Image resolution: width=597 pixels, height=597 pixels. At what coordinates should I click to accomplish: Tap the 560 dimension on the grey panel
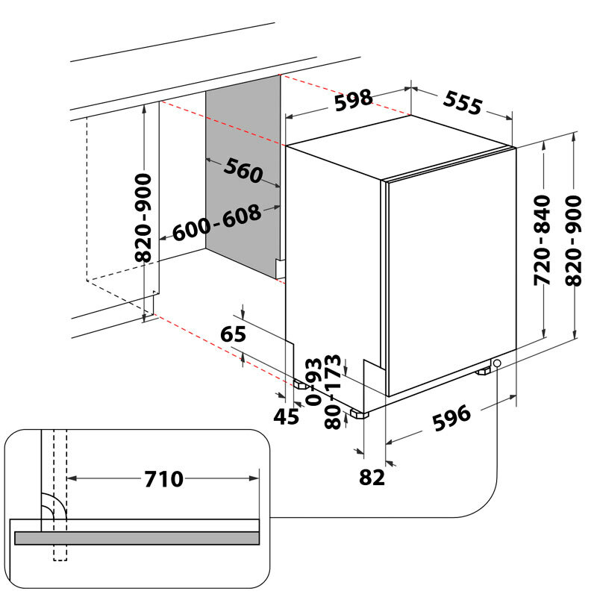[x=243, y=172]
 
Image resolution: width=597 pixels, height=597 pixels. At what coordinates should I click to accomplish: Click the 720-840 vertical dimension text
[x=543, y=240]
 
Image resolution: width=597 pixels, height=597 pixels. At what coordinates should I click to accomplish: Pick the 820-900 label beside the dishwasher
[x=574, y=240]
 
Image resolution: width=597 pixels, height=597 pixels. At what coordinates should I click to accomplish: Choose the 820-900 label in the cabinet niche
[x=143, y=217]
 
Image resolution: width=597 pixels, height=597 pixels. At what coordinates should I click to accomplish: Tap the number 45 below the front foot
[x=287, y=416]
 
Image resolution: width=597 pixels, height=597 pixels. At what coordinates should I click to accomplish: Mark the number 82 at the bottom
[x=371, y=477]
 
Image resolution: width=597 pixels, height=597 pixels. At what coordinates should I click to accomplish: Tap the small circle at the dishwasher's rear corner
[x=496, y=363]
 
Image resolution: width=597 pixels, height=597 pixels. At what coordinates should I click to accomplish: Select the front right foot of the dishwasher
[x=360, y=412]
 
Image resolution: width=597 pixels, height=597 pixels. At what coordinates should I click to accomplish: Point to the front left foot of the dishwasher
[x=299, y=385]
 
